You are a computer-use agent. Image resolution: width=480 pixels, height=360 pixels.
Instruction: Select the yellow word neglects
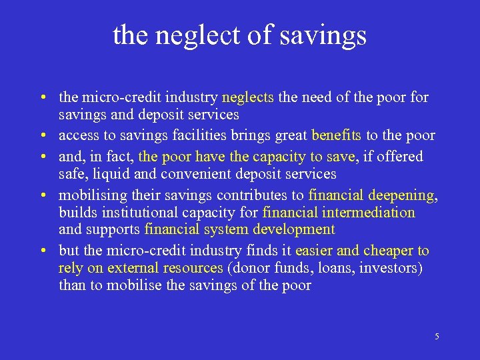point(248,97)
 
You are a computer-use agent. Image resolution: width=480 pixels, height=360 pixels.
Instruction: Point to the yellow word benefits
point(337,135)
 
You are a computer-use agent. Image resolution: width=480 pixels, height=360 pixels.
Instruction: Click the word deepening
point(401,195)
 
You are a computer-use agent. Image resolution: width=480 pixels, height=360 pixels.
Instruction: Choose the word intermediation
point(372,213)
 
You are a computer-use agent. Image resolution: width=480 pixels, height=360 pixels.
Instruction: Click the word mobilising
point(90,195)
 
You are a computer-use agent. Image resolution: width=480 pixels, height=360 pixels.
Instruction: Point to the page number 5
point(437,337)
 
